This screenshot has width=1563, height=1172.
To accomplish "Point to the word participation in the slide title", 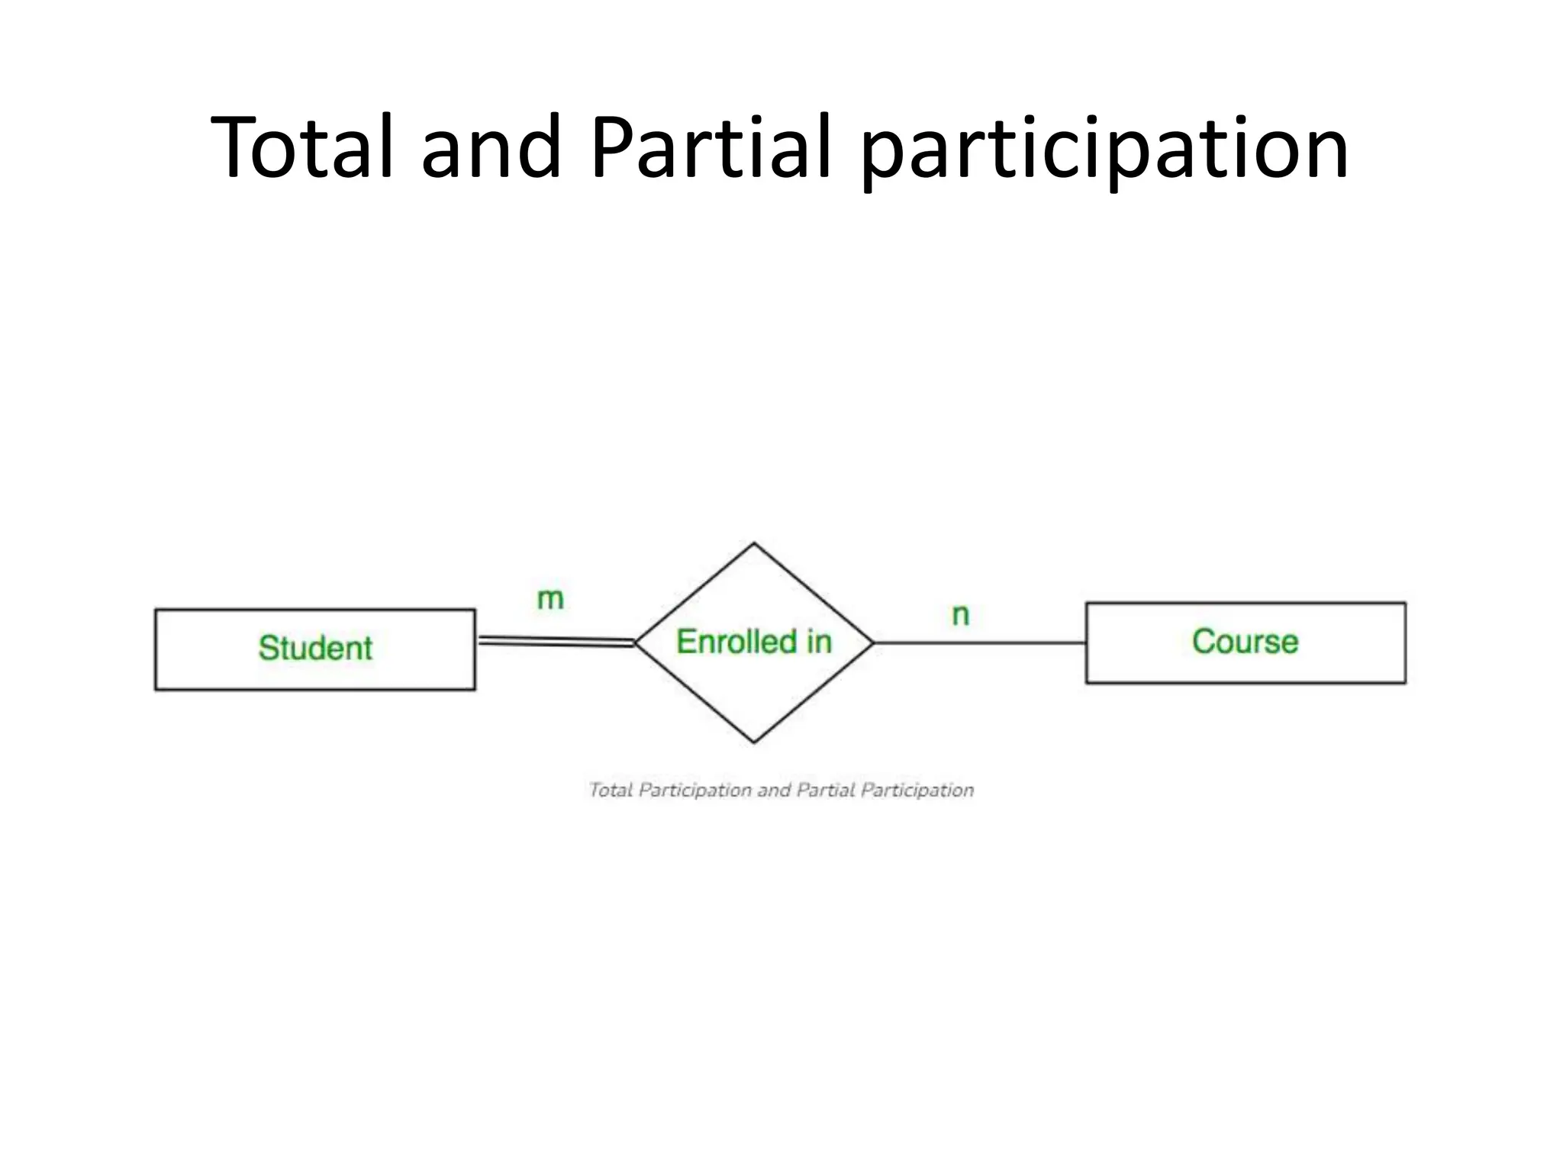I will (x=1104, y=150).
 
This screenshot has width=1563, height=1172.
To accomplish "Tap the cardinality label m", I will (x=550, y=599).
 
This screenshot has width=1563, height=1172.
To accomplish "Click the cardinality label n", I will (x=961, y=615).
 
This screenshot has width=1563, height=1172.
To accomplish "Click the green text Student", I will (x=315, y=649).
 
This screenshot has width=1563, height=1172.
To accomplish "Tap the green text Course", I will (x=1245, y=642).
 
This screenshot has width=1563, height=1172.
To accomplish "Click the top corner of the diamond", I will (x=754, y=544).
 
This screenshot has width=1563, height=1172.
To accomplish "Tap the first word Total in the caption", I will (x=611, y=790).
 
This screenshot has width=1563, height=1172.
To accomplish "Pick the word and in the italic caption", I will (x=774, y=790).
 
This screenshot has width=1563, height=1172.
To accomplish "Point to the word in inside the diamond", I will (x=819, y=642).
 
